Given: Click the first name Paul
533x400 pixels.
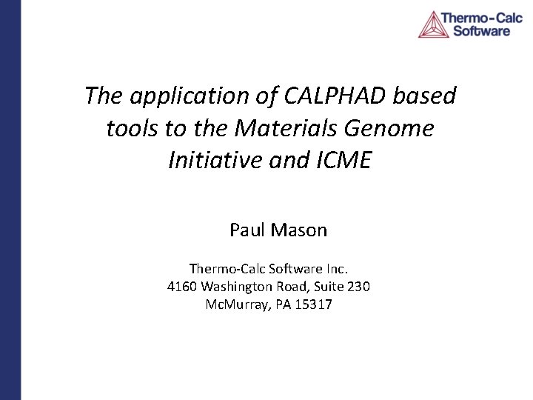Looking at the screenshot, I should click(x=247, y=230).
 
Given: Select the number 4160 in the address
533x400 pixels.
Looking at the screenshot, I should click(x=181, y=286).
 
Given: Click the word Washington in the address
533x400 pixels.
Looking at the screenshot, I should click(x=238, y=286).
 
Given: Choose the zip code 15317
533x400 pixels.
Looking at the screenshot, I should click(x=314, y=304).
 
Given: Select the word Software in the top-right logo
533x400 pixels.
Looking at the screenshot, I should click(x=481, y=31).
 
